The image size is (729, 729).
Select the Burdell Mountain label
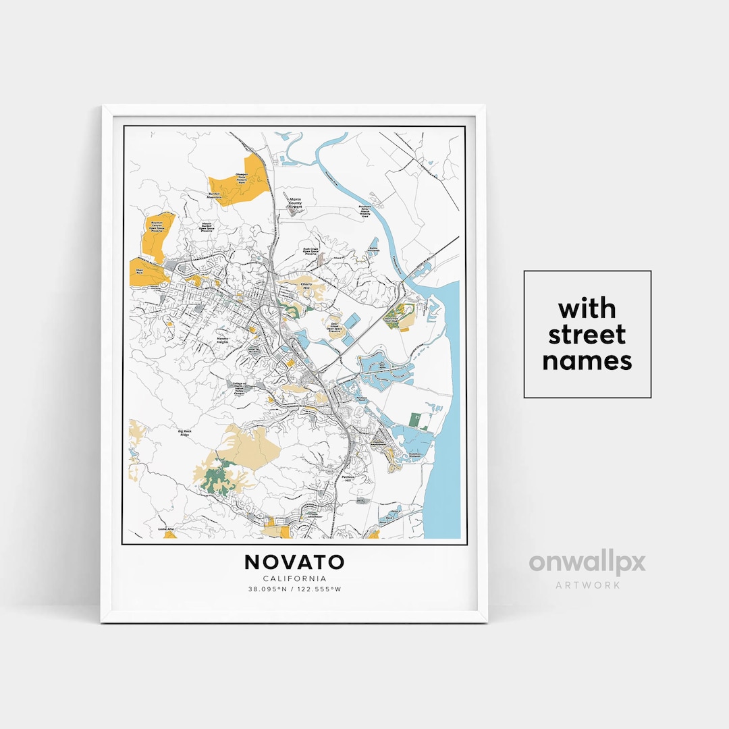[215, 195]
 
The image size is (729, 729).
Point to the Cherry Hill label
[304, 286]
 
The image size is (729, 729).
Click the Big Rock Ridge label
[184, 432]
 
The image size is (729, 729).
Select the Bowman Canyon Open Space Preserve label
[157, 227]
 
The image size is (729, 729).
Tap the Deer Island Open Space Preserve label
[332, 327]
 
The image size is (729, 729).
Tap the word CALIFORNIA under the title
[294, 578]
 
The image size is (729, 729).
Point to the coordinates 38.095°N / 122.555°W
[294, 589]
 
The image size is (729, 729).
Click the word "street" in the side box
[587, 335]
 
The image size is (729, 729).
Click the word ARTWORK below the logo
[587, 585]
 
